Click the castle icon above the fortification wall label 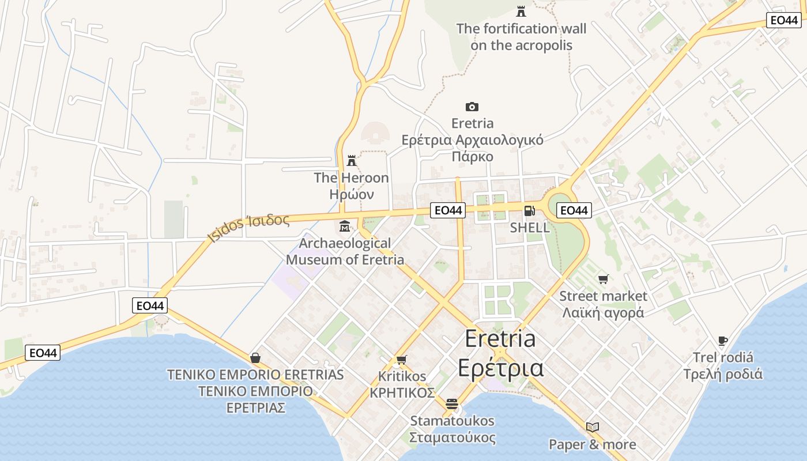click(x=521, y=11)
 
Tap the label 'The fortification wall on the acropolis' click(x=521, y=37)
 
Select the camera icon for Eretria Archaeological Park click(x=472, y=107)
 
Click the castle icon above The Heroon click(x=352, y=161)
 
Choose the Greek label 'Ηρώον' click(x=352, y=194)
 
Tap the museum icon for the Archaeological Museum click(x=345, y=226)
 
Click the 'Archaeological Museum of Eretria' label click(x=345, y=251)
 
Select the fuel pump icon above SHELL click(x=529, y=210)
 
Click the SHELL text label click(x=530, y=228)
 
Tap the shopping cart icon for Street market click(x=603, y=279)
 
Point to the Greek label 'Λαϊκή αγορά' click(x=603, y=313)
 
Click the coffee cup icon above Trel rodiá click(x=723, y=341)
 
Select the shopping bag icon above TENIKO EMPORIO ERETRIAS click(x=255, y=358)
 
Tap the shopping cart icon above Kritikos click(x=402, y=360)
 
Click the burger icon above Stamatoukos click(x=452, y=404)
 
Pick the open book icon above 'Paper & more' click(x=593, y=427)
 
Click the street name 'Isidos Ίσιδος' click(x=248, y=228)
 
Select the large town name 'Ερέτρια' click(x=500, y=368)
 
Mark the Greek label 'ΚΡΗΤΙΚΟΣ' click(x=402, y=393)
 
